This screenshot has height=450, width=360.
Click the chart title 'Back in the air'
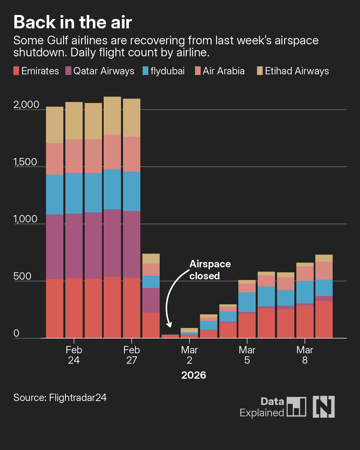pyautogui.click(x=73, y=22)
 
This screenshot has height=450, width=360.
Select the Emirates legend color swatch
pyautogui.click(x=16, y=71)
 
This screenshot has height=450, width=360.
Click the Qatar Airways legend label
pyautogui.click(x=104, y=71)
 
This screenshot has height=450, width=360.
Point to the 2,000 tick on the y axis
pyautogui.click(x=26, y=105)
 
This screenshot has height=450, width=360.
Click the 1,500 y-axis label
pyautogui.click(x=25, y=162)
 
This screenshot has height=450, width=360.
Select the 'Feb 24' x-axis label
pyautogui.click(x=74, y=355)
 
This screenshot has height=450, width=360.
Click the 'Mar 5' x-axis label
pyautogui.click(x=247, y=355)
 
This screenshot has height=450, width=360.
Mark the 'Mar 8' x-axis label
pyautogui.click(x=305, y=355)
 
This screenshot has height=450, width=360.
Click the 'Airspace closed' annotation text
pyautogui.click(x=210, y=270)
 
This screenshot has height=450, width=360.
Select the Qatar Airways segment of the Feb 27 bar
pyautogui.click(x=132, y=244)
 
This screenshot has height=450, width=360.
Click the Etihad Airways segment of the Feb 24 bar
pyautogui.click(x=74, y=121)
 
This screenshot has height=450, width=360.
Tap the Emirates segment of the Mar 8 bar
pyautogui.click(x=305, y=322)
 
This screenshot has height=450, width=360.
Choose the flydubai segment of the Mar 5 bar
pyautogui.click(x=247, y=302)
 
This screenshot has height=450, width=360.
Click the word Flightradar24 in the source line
pyautogui.click(x=78, y=398)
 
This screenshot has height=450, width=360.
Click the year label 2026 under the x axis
pyautogui.click(x=194, y=375)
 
